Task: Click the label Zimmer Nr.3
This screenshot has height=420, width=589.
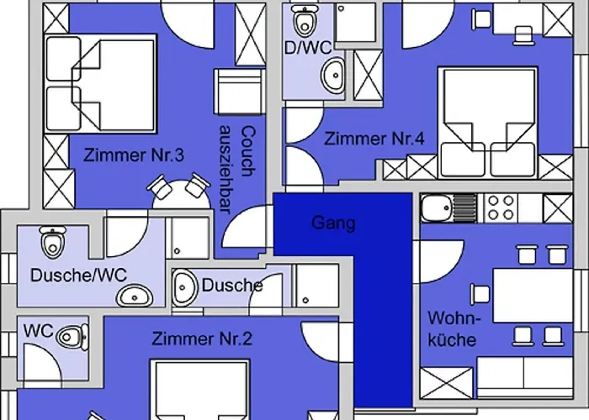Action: (134, 155)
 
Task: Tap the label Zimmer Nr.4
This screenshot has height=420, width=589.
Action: (374, 139)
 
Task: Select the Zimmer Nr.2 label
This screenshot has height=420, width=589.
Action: (202, 339)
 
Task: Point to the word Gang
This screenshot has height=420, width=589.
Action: (333, 223)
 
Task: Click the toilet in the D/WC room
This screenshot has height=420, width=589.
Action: (304, 18)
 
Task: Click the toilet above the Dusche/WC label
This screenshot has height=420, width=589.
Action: (53, 241)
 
